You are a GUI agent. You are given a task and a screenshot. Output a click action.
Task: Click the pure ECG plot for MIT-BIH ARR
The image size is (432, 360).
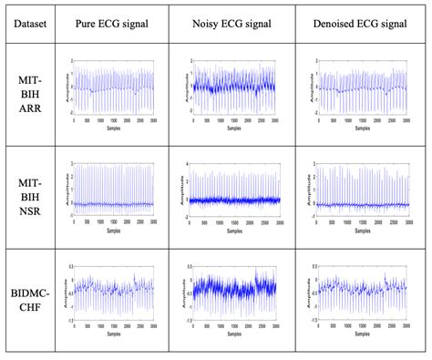[x=113, y=89]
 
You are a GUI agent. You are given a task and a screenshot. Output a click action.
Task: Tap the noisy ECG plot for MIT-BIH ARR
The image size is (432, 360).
[x=235, y=89]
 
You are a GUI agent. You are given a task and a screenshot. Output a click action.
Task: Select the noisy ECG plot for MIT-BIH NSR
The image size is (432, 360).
[x=235, y=190]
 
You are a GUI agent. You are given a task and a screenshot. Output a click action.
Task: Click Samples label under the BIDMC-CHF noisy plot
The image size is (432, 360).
[x=235, y=332]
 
